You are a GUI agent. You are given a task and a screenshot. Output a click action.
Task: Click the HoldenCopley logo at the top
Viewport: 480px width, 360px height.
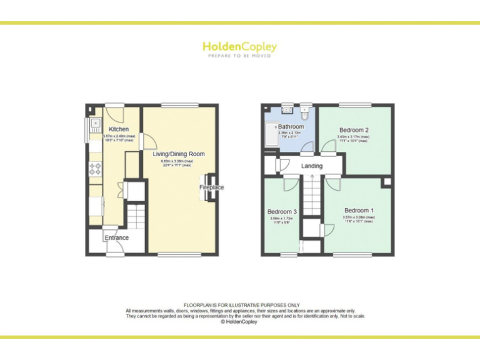click(x=239, y=47)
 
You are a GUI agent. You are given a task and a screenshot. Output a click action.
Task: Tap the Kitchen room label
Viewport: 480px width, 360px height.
click(x=118, y=129)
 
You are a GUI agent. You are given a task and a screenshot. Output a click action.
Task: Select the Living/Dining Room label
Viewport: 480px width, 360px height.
click(x=179, y=154)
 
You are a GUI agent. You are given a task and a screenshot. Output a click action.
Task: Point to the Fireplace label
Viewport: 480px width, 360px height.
click(x=211, y=187)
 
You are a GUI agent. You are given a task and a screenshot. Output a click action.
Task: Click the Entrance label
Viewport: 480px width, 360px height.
click(x=116, y=238)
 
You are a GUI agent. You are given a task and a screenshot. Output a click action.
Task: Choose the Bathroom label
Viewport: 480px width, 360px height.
click(x=291, y=127)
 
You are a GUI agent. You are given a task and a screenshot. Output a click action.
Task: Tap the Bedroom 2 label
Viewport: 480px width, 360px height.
click(x=353, y=130)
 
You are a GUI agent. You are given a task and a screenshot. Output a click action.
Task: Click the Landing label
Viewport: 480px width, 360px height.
click(x=312, y=166)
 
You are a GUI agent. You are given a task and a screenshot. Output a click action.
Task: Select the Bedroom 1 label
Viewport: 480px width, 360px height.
click(x=359, y=211)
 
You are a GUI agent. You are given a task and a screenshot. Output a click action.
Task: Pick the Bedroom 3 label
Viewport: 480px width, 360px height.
click(x=282, y=212)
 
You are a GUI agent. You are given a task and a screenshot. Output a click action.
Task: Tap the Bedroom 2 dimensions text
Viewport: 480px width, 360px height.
click(x=353, y=139)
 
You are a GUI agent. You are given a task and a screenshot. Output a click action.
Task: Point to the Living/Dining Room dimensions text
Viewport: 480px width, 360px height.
click(x=179, y=162)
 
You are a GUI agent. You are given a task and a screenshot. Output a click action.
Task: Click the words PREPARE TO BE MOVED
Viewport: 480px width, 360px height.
click(x=239, y=56)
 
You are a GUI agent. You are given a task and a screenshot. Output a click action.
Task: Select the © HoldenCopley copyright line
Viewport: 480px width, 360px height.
click(x=240, y=322)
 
